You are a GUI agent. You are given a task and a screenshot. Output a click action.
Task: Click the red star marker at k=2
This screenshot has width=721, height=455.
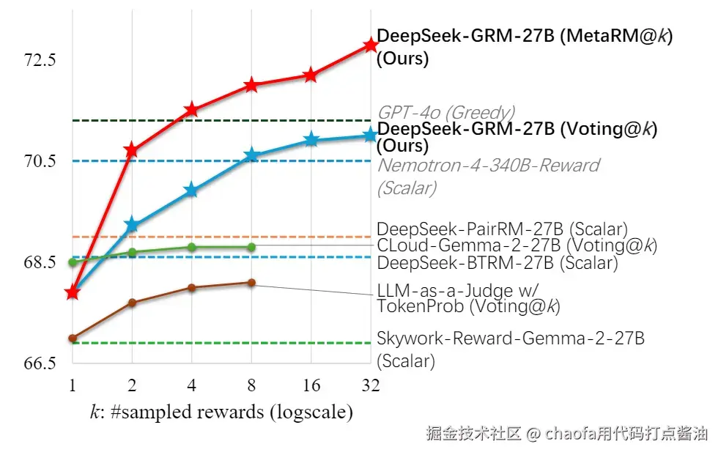point(132,150)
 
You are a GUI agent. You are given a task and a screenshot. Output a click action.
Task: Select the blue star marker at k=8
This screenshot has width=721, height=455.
point(251,155)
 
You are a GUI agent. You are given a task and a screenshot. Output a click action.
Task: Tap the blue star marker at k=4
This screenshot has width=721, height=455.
point(191,190)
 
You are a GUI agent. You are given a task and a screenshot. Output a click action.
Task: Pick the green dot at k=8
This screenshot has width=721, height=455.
point(251,247)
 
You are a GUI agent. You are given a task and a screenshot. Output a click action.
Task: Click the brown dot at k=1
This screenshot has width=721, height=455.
point(72,339)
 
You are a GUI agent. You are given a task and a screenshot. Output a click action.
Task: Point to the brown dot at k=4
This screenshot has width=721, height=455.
point(191,287)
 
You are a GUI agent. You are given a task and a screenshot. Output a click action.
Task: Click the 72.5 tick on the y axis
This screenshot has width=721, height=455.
point(40,60)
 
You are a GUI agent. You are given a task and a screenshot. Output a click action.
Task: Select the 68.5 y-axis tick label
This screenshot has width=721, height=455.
point(40,262)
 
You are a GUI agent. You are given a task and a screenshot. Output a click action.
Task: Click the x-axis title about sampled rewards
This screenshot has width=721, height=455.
point(221,412)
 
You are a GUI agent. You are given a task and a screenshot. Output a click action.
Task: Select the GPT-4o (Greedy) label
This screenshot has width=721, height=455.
point(445,112)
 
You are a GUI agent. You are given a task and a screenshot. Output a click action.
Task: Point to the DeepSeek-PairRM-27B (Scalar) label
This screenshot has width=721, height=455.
point(502,229)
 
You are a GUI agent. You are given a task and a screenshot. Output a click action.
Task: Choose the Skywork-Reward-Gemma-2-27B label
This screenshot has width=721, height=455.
point(511,339)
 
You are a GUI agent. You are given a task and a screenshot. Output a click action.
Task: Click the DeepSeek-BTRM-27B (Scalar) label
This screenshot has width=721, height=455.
point(497,262)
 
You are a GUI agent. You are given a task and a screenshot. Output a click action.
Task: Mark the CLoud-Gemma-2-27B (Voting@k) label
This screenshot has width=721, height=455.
point(516,245)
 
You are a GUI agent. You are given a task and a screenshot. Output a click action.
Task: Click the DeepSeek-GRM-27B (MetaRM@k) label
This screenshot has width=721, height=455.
point(525,37)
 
